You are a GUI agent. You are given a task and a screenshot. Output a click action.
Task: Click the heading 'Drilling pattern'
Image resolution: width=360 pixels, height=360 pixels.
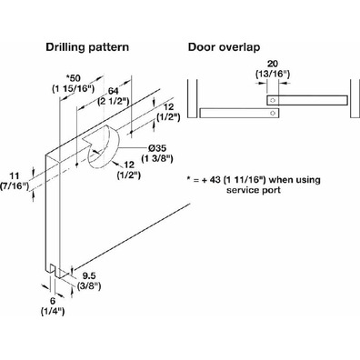coord(87,47)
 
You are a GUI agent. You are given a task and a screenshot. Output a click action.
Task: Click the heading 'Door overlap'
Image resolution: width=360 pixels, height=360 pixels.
coord(224,47)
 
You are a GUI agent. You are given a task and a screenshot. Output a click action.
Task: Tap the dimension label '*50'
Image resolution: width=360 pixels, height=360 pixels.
coord(74,78)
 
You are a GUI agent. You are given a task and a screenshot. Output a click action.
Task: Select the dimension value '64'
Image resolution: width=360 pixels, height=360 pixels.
coord(114,91)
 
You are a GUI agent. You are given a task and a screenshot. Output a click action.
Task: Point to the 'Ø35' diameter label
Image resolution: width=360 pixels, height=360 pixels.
coord(158,148)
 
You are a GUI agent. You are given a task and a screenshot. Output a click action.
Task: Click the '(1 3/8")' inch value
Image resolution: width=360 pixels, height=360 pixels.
coord(157,158)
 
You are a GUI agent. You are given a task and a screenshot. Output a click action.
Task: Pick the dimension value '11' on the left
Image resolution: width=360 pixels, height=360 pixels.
coord(15,175)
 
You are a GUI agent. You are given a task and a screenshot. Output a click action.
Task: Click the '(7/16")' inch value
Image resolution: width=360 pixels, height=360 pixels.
coord(15,185)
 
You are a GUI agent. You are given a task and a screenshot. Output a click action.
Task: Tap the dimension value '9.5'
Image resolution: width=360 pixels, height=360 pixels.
coord(89,275)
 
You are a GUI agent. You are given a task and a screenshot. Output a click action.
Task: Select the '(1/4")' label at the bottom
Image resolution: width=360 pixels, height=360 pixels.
coord(53,311)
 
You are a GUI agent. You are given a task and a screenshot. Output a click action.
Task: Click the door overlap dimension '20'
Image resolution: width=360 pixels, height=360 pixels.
coord(273,64)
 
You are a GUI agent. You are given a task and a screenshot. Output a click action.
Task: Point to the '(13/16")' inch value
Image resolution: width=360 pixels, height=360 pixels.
coord(273,74)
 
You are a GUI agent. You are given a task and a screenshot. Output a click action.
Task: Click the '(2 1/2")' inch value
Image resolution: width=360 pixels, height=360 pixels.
coord(114,102)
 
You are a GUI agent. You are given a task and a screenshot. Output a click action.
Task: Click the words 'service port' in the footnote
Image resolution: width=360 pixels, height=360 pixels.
coord(254,190)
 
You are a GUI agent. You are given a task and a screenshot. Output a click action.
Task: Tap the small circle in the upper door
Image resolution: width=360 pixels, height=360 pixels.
coord(273,100)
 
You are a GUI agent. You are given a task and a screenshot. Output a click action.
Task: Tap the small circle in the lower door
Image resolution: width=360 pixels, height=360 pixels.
coord(273,113)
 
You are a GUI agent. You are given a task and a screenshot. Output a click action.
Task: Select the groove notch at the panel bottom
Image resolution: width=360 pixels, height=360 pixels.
coord(55,270)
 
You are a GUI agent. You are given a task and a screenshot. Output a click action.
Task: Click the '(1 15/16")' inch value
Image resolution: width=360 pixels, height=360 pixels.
coord(74,88)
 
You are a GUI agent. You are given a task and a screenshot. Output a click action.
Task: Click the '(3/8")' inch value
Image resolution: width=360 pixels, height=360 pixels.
coord(89,285)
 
